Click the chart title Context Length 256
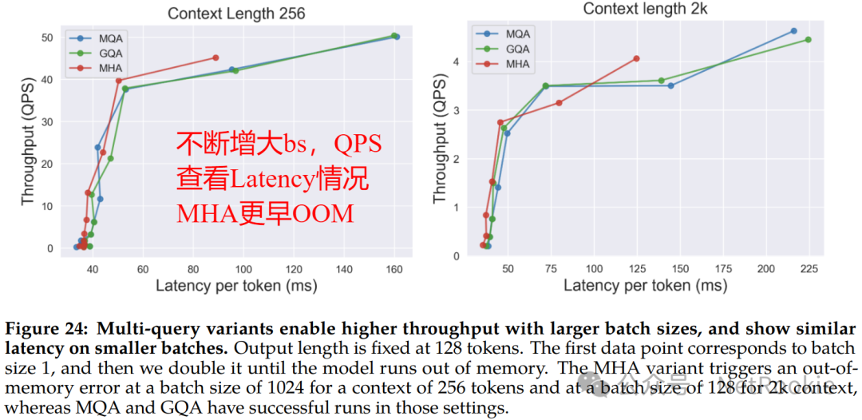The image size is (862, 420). tap(235, 14)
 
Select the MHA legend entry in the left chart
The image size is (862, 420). tap(101, 68)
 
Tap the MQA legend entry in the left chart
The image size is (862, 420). tap(101, 38)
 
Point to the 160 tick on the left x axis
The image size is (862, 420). tap(393, 267)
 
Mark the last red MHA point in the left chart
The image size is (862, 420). tap(215, 57)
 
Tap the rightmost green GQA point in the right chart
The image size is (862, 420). tap(809, 39)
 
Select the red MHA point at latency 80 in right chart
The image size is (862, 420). tap(559, 103)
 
